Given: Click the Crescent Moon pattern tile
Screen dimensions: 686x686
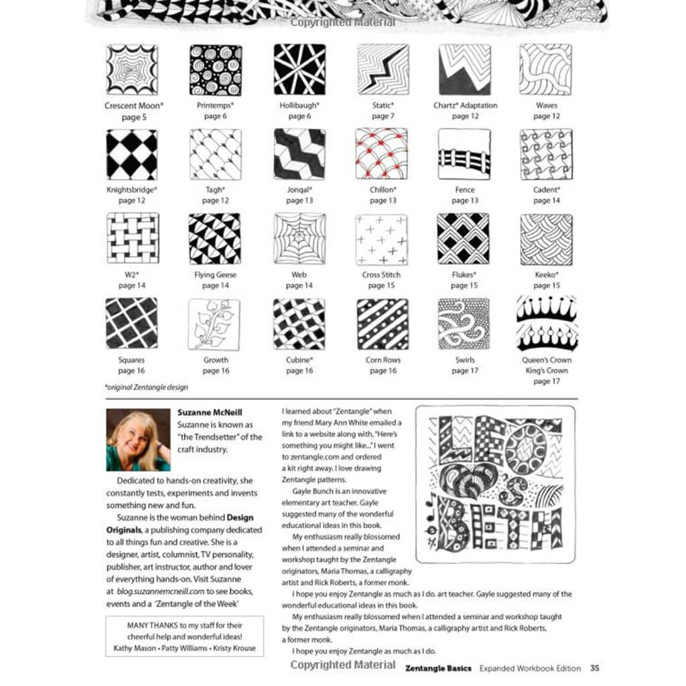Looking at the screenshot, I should (132, 70).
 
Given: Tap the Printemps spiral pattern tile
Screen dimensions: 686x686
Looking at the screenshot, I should (215, 70).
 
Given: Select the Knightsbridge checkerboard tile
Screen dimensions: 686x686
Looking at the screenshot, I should (132, 154).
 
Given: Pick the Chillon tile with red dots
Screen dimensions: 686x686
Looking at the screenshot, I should (382, 154).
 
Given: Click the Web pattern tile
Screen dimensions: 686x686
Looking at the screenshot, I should (299, 239).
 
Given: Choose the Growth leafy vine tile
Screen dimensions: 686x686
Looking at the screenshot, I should (214, 324).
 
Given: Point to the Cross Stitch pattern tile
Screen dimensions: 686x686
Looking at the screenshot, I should (382, 239).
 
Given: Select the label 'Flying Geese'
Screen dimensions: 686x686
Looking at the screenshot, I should (215, 275).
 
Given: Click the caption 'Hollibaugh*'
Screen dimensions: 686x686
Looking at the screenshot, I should (299, 105).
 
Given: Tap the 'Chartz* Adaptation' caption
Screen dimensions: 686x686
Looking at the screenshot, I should (465, 105).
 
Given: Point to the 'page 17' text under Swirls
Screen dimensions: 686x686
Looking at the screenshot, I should (465, 370).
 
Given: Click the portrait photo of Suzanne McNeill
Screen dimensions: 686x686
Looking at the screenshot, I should (138, 440).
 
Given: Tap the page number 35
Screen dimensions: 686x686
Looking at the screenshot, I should (595, 668).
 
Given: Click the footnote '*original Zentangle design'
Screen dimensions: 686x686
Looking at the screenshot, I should (147, 387).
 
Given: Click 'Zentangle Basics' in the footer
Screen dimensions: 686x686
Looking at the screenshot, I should (438, 668).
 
